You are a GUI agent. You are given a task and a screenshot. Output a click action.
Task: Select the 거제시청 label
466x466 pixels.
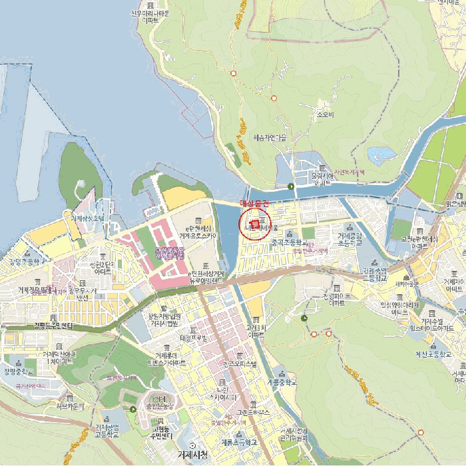pos(193,455)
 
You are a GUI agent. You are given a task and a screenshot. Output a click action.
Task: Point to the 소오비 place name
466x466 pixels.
pos(324,114)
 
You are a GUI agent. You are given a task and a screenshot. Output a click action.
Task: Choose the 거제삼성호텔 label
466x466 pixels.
pos(88,218)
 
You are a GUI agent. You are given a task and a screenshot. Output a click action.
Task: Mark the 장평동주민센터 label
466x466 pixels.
pos(57,325)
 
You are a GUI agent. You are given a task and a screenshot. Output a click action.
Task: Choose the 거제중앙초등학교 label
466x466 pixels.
pos(349,239)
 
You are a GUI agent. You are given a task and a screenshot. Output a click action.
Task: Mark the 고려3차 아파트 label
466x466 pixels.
pos(256,331)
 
